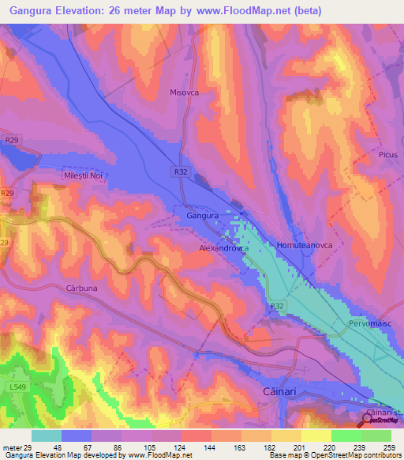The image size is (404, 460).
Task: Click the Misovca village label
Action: pos(185,92)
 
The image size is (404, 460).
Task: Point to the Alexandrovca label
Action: pos(223,247)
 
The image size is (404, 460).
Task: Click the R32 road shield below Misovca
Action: pos(180,170)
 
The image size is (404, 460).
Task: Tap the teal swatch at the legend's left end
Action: pos(47,435)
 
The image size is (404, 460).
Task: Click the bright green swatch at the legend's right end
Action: pos(376,435)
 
